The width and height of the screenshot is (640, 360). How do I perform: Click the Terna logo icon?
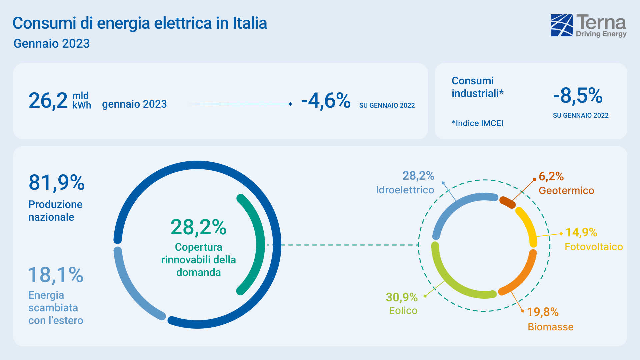[x=562, y=25]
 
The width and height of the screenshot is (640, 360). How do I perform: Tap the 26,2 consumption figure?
[x=48, y=100]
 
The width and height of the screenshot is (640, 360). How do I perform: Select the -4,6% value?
[x=326, y=100]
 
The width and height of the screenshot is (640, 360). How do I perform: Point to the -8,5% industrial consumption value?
[x=578, y=96]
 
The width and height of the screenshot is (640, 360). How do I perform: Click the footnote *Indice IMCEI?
[x=477, y=123]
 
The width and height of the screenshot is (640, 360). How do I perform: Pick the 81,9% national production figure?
[x=57, y=183]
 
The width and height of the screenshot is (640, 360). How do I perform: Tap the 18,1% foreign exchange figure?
[x=56, y=275]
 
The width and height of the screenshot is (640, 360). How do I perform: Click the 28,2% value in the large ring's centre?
[x=198, y=227]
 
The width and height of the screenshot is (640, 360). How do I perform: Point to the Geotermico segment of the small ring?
[x=507, y=202]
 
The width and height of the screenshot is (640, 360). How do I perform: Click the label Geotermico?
[x=566, y=191]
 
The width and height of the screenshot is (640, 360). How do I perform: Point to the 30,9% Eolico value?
[x=402, y=297]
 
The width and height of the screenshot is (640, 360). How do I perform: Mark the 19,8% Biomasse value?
[x=543, y=312]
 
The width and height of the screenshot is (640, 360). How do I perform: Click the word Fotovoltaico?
[x=593, y=247]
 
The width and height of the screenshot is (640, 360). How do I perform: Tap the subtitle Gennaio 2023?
[x=52, y=44]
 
